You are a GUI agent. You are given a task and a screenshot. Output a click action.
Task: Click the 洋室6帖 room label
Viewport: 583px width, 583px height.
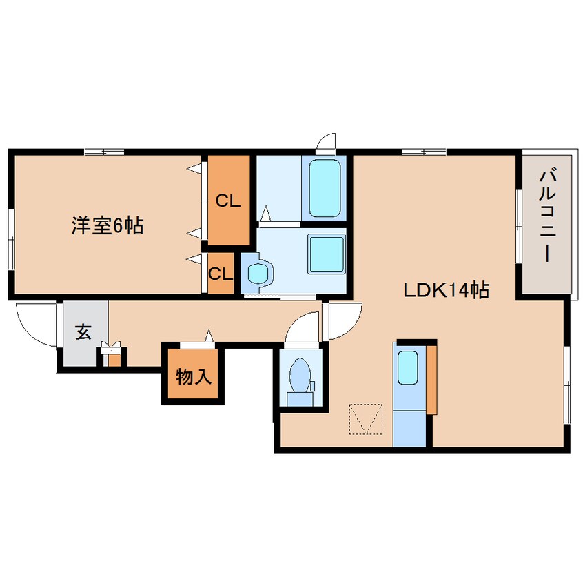coord(108,225)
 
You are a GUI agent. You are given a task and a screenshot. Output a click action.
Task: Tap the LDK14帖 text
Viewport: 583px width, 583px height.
coord(446,291)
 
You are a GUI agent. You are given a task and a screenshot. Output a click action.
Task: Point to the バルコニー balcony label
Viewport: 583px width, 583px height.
coord(546,214)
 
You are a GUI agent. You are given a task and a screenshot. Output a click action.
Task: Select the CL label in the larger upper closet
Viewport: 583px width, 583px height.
coord(228,201)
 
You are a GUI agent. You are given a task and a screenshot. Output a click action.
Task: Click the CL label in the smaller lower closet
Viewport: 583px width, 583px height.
coord(221,274)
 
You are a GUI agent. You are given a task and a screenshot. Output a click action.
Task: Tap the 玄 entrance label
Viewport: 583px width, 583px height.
coord(83,333)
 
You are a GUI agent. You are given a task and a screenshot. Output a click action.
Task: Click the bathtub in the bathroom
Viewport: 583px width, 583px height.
coord(325,187)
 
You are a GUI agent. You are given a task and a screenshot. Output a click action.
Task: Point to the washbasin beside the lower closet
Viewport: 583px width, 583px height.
coord(257,272)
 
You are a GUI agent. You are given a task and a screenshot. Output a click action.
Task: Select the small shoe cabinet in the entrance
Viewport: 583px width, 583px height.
coord(112,356)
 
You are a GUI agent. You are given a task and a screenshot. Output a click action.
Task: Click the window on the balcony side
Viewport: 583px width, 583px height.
coord(519,225)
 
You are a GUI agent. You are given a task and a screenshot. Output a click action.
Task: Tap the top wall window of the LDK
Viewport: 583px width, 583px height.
coord(423,152)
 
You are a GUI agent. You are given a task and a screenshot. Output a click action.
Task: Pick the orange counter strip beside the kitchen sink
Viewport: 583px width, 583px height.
coord(431,379)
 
